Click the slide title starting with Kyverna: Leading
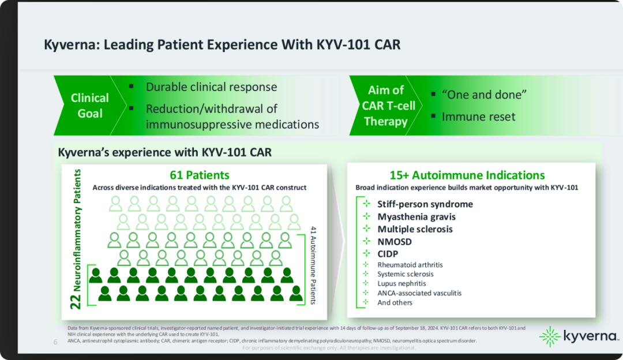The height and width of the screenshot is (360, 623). click(222, 44)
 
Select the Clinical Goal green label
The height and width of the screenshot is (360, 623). click(90, 106)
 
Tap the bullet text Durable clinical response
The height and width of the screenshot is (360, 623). click(211, 87)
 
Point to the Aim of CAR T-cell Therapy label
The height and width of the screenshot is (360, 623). click(385, 106)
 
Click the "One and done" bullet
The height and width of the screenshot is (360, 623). click(484, 95)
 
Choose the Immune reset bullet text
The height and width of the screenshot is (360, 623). click(478, 117)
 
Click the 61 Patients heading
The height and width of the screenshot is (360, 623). click(200, 175)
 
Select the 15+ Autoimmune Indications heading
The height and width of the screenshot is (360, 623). click(467, 175)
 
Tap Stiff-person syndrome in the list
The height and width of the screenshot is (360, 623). click(425, 204)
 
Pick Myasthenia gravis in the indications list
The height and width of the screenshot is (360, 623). click(416, 217)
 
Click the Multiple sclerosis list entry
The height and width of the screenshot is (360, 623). click(415, 229)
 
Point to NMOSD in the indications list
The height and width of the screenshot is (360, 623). click(395, 242)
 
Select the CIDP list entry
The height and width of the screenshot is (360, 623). click(388, 254)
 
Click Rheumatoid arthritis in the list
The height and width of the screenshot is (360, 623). click(410, 265)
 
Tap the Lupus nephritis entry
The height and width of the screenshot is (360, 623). click(401, 283)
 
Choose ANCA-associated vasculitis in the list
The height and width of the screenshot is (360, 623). click(419, 293)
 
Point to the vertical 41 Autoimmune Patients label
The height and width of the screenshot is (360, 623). click(313, 265)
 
